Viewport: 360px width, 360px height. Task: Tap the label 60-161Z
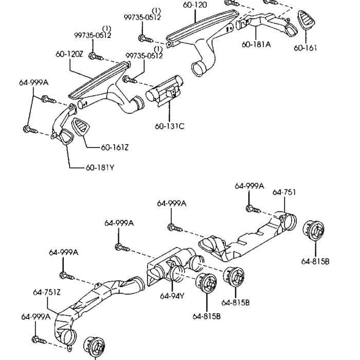tap(114, 148)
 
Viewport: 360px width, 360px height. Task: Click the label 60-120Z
tap(69, 54)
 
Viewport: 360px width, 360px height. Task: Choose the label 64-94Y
tap(171, 296)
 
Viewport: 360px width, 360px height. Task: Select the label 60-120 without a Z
tap(195, 5)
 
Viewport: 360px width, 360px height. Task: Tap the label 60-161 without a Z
tap(305, 48)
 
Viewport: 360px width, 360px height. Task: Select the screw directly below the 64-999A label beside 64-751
tap(250, 209)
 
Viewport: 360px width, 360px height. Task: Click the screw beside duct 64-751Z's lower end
tap(38, 340)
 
